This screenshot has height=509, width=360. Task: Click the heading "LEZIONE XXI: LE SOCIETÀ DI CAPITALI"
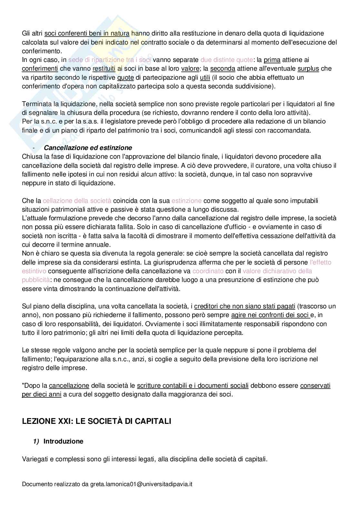(96, 421)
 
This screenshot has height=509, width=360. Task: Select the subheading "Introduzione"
(63, 441)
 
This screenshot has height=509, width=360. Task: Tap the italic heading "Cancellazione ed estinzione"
(88, 148)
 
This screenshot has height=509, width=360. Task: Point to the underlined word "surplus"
(308, 68)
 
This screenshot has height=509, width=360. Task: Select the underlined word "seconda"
(223, 68)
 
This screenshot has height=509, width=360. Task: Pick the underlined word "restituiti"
(104, 68)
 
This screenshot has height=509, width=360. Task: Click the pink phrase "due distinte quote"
(226, 60)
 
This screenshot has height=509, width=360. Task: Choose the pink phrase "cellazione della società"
(77, 201)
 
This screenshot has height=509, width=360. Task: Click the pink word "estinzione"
(186, 201)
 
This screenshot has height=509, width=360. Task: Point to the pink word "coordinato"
(208, 271)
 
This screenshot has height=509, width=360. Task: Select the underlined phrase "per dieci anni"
(42, 394)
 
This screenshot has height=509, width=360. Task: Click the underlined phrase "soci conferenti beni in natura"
(87, 33)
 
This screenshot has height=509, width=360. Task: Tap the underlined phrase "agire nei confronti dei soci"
(271, 315)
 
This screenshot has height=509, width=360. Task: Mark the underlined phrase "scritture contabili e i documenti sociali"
(193, 385)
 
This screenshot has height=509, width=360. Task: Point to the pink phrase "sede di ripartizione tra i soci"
(110, 60)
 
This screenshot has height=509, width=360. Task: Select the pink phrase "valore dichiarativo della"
(277, 271)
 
